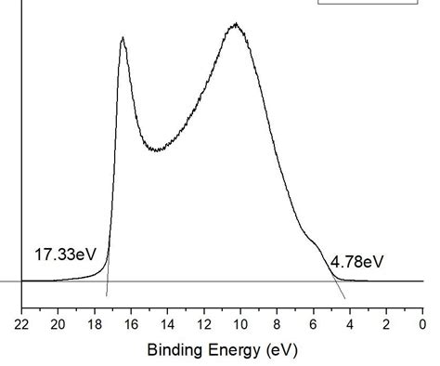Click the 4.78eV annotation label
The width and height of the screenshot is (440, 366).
(x=357, y=261)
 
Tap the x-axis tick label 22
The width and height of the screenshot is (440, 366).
(x=21, y=324)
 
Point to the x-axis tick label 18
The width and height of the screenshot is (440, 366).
(x=95, y=324)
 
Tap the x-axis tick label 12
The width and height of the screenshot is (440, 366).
(x=204, y=324)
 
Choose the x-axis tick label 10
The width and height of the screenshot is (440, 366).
(x=240, y=324)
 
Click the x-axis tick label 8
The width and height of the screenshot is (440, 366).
(x=277, y=324)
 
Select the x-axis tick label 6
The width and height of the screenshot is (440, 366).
(x=313, y=324)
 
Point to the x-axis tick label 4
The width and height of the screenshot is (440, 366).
(x=350, y=324)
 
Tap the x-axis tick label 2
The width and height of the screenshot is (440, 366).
(x=386, y=324)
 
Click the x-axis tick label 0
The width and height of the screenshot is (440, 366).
(x=422, y=324)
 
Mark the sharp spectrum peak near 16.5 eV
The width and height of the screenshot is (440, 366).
(x=123, y=38)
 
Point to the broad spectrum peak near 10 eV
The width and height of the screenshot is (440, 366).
(x=237, y=25)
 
